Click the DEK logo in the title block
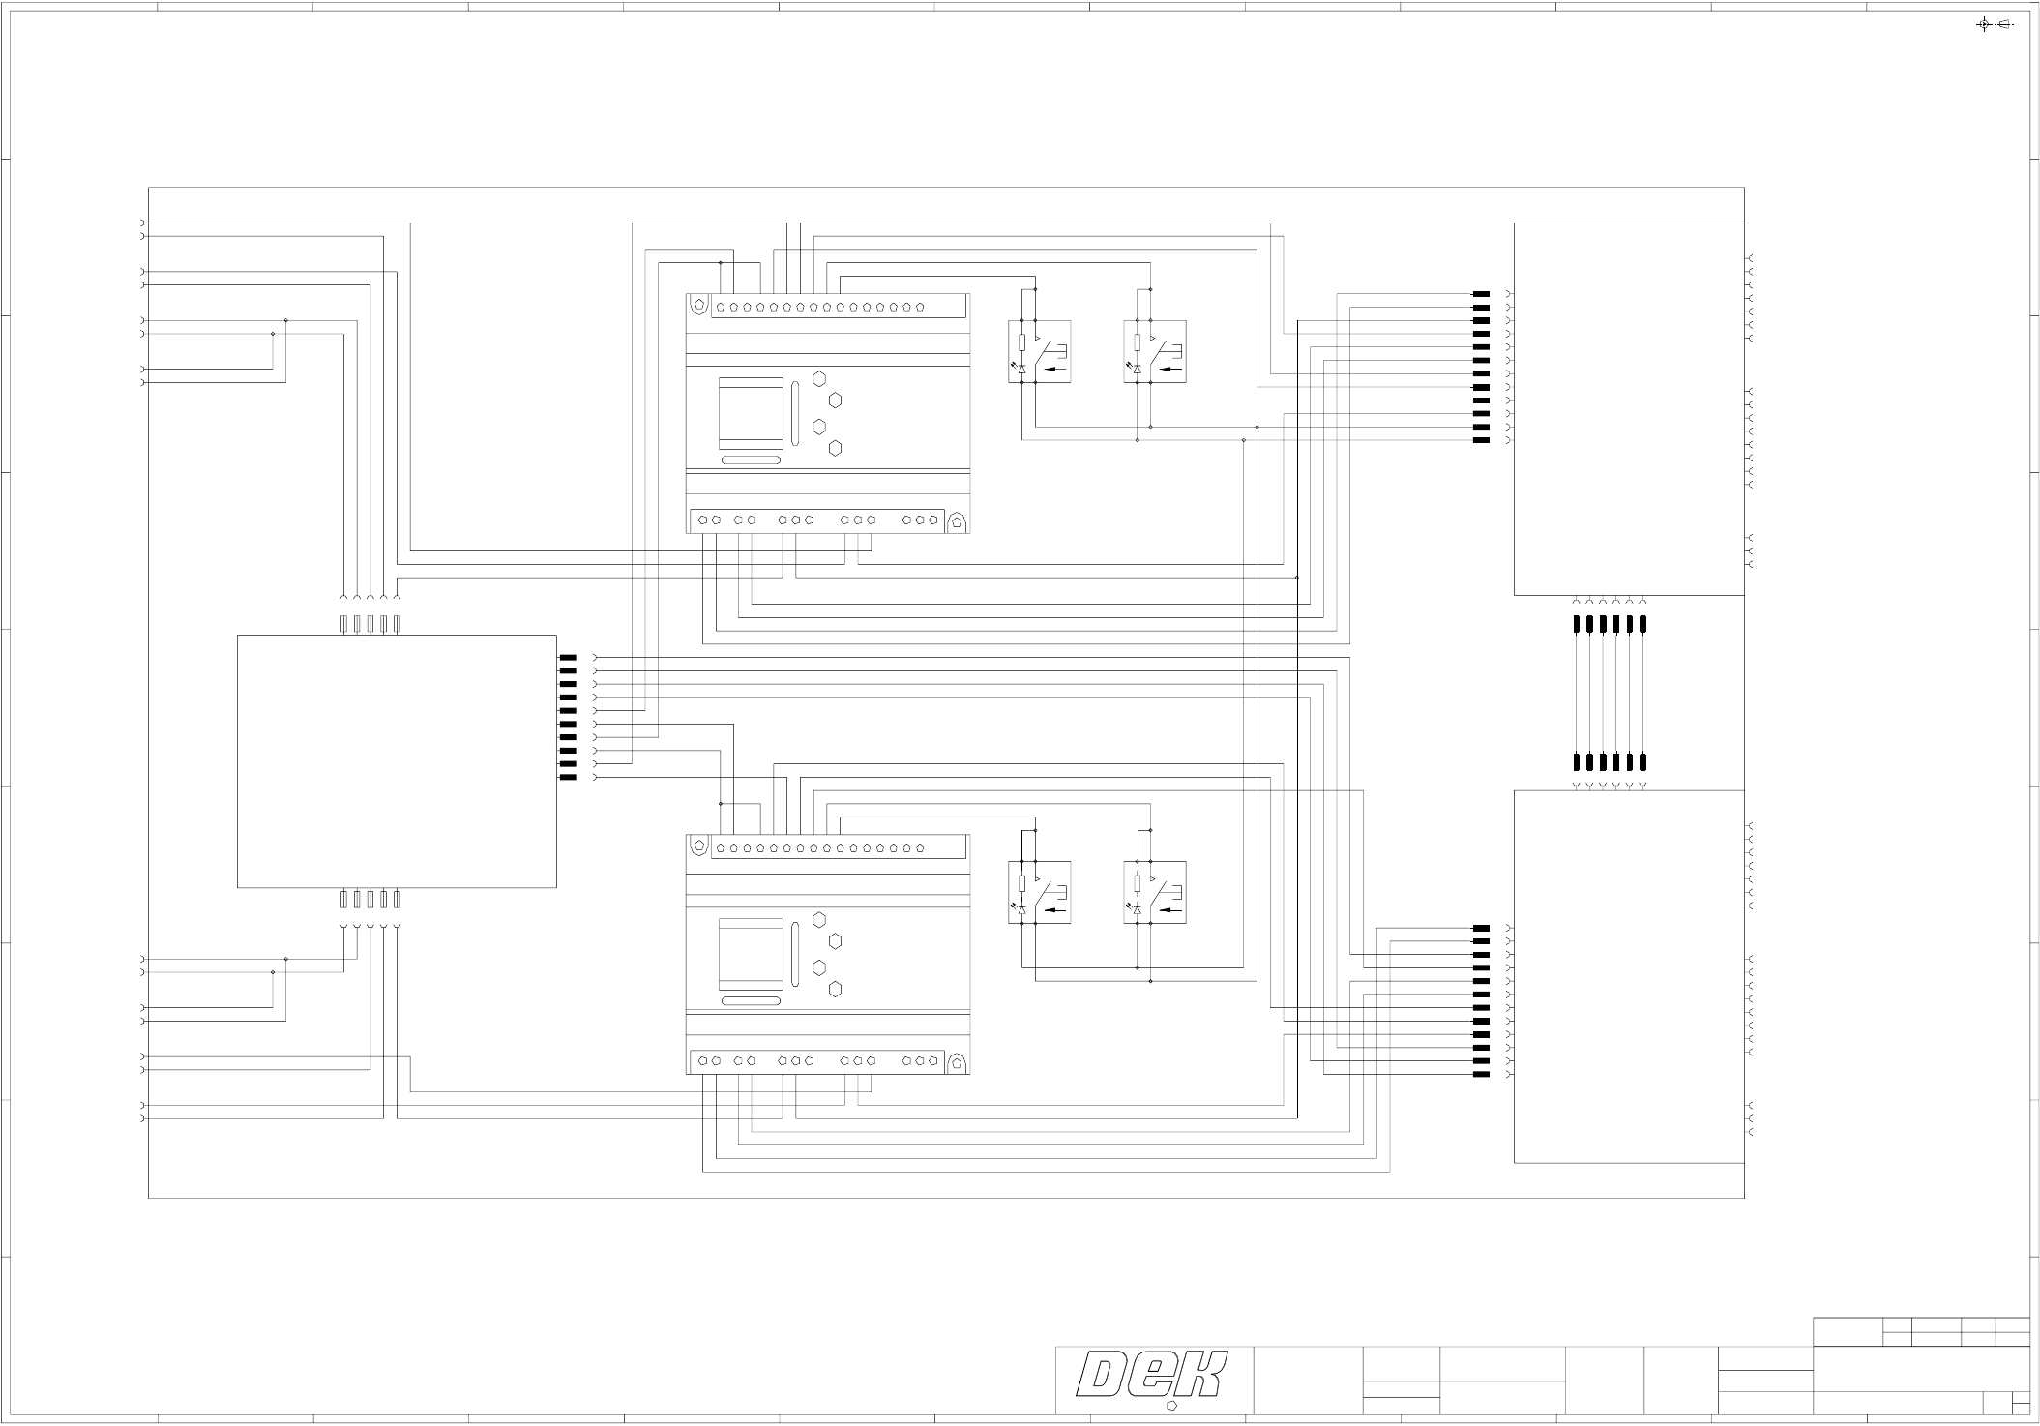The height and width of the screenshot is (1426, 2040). pyautogui.click(x=1152, y=1376)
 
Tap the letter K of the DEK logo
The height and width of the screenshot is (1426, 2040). pyautogui.click(x=1201, y=1376)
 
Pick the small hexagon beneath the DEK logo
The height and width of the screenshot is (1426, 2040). pyautogui.click(x=1172, y=1405)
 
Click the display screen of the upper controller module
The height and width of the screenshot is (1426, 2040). pyautogui.click(x=751, y=411)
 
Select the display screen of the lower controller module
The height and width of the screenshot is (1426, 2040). pyautogui.click(x=751, y=952)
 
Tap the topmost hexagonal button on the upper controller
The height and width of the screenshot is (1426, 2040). pyautogui.click(x=819, y=378)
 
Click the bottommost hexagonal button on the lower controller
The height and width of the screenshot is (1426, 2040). pyautogui.click(x=836, y=989)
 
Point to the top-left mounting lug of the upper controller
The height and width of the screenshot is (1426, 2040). pyautogui.click(x=699, y=304)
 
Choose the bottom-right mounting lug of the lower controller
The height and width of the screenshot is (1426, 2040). pyautogui.click(x=957, y=1063)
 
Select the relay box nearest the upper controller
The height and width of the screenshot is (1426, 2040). pyautogui.click(x=1039, y=351)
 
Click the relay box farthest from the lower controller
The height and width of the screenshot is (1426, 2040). pyautogui.click(x=1155, y=892)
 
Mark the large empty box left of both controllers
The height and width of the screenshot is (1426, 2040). pyautogui.click(x=397, y=760)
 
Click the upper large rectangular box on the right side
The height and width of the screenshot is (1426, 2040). pyautogui.click(x=1629, y=409)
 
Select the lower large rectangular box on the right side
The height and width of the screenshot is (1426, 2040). pyautogui.click(x=1629, y=976)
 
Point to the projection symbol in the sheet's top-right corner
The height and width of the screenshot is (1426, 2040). pyautogui.click(x=1994, y=24)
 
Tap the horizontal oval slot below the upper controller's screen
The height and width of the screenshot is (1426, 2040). pyautogui.click(x=751, y=460)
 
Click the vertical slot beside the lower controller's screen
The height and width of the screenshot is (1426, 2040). pyautogui.click(x=795, y=954)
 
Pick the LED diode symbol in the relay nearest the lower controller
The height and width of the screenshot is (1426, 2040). pyautogui.click(x=1022, y=910)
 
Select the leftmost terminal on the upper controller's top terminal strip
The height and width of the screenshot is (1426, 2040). pyautogui.click(x=721, y=308)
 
